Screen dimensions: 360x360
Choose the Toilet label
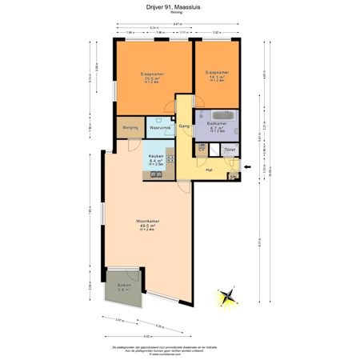(230, 150)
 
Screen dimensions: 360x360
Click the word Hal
(209, 170)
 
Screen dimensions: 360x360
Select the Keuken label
(156, 156)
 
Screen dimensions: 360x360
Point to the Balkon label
(124, 285)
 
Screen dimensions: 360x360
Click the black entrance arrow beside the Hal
(248, 166)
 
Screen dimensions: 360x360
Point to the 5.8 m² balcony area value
(124, 290)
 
